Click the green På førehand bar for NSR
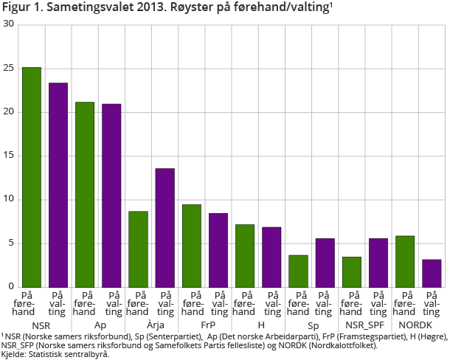click(31, 177)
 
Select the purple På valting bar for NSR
click(58, 184)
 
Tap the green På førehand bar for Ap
click(85, 194)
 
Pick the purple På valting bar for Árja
click(165, 227)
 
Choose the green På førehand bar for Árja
click(138, 249)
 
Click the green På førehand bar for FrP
click(191, 246)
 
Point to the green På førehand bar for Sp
click(298, 271)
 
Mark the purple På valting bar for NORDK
click(432, 273)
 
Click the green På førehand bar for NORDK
click(405, 261)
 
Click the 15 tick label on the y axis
click(9, 156)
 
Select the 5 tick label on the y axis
click(11, 243)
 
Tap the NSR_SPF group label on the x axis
click(364, 325)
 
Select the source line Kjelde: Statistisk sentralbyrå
click(55, 354)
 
